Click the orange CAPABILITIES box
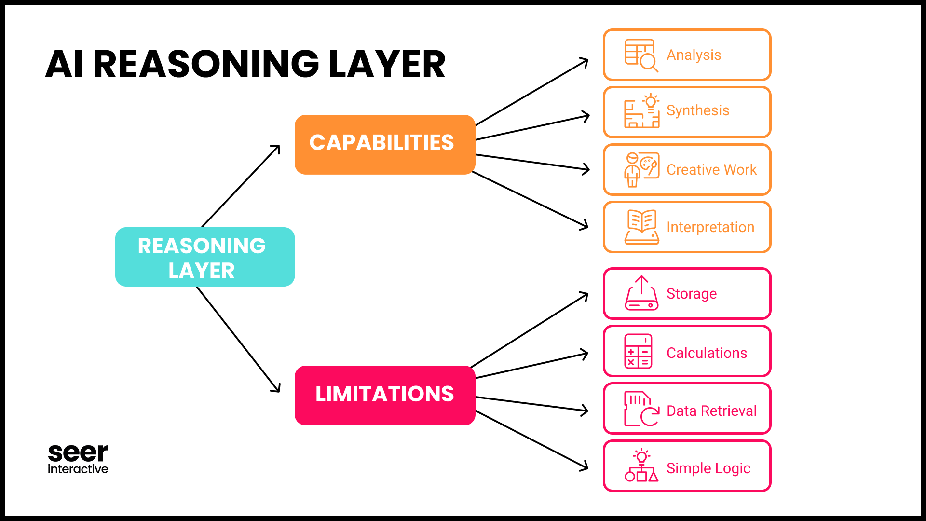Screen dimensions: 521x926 coord(384,144)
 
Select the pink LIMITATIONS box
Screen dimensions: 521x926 coord(384,395)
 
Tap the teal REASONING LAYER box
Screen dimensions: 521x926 coord(204,257)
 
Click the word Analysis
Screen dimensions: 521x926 coord(694,55)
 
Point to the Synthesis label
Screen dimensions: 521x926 coord(697,110)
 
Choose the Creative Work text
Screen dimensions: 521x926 coord(711,170)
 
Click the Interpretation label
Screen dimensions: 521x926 coord(710,227)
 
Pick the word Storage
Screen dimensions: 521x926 coord(691,294)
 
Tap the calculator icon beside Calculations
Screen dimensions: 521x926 coord(638,351)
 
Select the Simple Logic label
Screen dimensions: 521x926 coord(708,468)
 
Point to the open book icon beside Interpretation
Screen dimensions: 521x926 coord(641,227)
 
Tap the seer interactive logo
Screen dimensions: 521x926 coord(78,459)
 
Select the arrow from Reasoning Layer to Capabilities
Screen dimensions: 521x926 coord(240,186)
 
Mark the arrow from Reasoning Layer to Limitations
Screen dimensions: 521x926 coord(238,339)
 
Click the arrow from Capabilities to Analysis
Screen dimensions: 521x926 coord(531,92)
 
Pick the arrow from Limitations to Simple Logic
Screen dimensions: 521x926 coord(531,440)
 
